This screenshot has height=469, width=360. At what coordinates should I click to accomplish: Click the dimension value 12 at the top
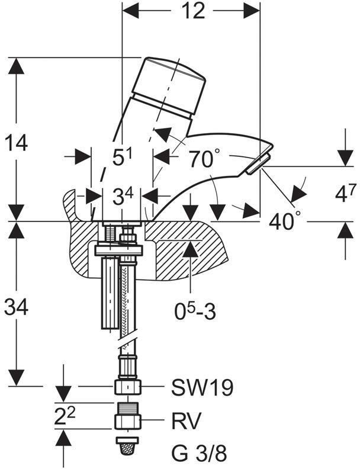coord(191,11)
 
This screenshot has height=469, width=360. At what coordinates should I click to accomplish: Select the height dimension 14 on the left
coord(17,143)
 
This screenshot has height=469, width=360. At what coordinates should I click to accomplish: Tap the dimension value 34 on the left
coord(17,306)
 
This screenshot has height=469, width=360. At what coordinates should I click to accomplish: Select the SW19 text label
coord(202,388)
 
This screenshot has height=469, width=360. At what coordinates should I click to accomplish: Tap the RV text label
coord(187,421)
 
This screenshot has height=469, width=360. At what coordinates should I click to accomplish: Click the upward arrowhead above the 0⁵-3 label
coord(189,248)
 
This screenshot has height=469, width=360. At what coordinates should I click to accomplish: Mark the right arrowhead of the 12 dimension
coord(252,11)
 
